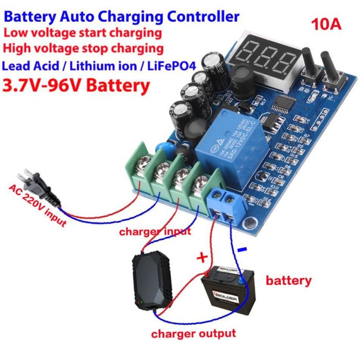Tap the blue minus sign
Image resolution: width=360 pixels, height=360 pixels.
[x=242, y=249]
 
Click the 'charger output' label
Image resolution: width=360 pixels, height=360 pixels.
[x=193, y=334]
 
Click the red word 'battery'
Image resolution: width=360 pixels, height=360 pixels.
[x=288, y=281]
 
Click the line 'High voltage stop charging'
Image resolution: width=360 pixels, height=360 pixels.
[x=83, y=48]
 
